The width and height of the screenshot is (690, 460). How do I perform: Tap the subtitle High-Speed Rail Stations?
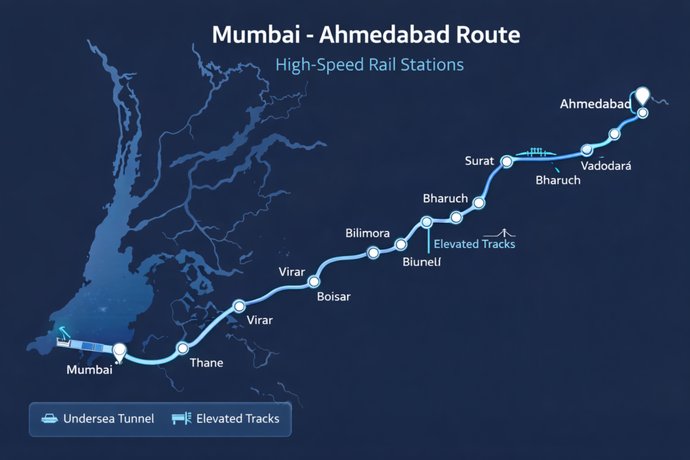[369, 65]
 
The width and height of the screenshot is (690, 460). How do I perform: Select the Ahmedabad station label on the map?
[595, 104]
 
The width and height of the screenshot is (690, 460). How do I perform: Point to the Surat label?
[480, 161]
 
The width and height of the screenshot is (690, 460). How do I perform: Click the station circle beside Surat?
[507, 161]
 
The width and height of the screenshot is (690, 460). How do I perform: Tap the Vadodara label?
[605, 166]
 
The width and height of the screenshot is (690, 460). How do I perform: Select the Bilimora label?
[367, 234]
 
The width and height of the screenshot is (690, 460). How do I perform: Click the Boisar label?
[334, 297]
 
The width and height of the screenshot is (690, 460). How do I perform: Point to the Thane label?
[206, 363]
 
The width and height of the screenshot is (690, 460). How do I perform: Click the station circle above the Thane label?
[183, 348]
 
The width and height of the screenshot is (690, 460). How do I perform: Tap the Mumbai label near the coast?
[89, 369]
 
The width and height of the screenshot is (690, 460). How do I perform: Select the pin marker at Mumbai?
[120, 350]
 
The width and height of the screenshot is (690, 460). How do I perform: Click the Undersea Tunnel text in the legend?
[108, 419]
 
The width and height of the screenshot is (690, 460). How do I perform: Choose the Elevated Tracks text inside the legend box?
[237, 419]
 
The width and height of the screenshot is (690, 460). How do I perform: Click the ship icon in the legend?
[50, 419]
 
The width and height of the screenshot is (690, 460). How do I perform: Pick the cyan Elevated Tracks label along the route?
[474, 244]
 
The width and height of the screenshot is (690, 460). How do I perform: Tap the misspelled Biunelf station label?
[421, 262]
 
